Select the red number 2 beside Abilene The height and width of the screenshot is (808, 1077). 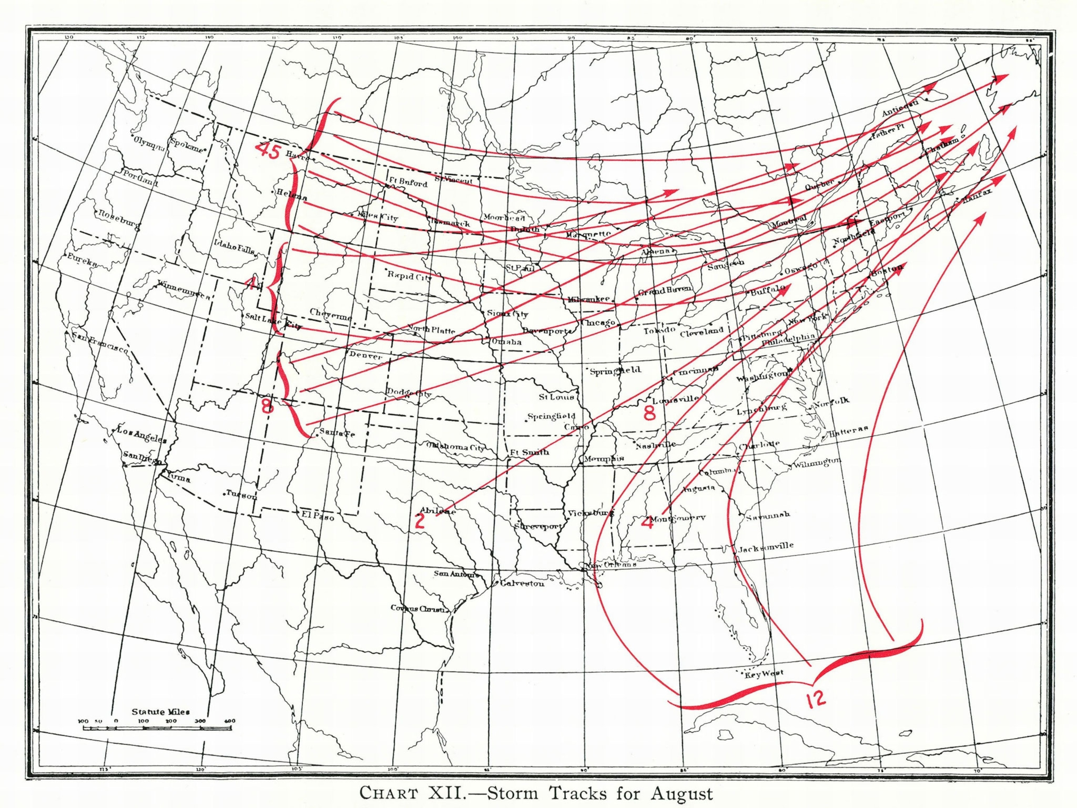pos(420,521)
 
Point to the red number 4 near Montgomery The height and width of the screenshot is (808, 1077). pos(647,522)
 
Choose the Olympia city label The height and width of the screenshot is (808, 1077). pos(149,141)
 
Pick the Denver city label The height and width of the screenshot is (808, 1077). pos(366,356)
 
